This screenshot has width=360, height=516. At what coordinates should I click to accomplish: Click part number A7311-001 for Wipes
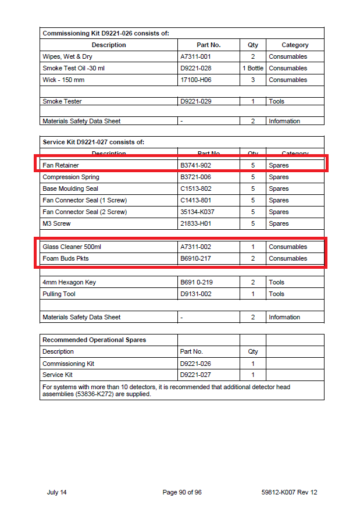[x=195, y=56]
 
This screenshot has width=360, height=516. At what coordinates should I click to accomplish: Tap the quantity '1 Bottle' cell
[x=253, y=68]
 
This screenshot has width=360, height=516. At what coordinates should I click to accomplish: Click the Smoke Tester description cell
[x=62, y=101]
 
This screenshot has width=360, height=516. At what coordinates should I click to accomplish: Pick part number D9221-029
[x=196, y=101]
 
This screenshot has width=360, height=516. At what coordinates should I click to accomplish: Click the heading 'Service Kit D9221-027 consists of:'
[x=93, y=142]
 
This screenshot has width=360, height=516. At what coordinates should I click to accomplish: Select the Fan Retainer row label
[x=60, y=165]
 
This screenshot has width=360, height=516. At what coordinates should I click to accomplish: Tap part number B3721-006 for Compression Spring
[x=196, y=177]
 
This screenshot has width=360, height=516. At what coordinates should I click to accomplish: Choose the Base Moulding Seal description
[x=70, y=188]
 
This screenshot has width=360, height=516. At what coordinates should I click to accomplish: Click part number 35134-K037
[x=197, y=212]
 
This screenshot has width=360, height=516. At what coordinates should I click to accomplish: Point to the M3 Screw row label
[x=56, y=223]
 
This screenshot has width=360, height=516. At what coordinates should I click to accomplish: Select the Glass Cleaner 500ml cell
[x=72, y=247]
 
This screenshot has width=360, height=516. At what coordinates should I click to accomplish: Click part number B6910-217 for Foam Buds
[x=196, y=258]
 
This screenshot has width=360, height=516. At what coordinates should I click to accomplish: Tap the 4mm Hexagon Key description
[x=69, y=282]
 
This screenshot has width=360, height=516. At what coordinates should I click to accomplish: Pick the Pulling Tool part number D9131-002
[x=196, y=294]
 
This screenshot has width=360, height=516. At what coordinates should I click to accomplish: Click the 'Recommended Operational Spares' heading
[x=94, y=340]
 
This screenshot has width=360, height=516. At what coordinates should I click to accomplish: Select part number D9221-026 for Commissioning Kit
[x=196, y=364]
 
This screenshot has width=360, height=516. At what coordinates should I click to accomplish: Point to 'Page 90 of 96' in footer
[x=182, y=492]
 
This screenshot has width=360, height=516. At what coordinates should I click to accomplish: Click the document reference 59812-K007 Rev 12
[x=289, y=492]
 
